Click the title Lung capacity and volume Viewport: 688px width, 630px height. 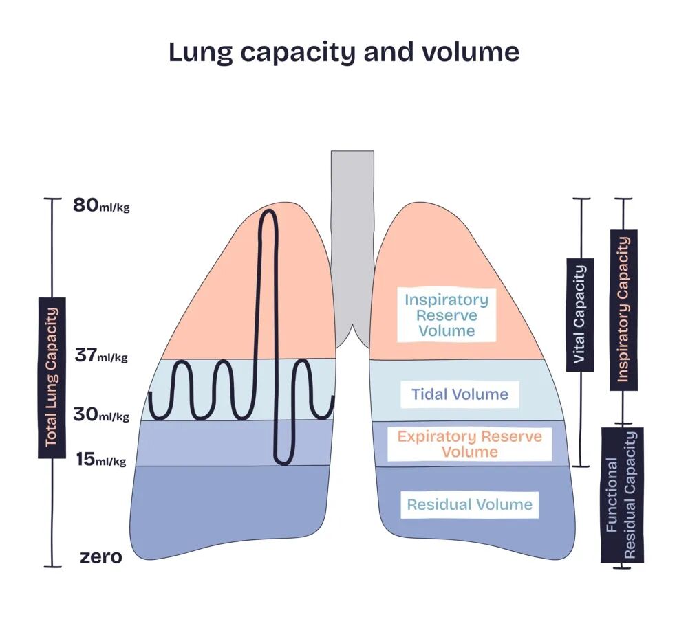point(344,53)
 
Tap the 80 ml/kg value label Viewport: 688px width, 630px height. point(100,205)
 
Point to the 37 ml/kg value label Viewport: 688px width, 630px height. point(100,356)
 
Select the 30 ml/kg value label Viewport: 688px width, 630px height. point(100,415)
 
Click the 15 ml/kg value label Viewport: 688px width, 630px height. point(100,460)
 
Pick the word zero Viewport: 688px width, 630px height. point(101,556)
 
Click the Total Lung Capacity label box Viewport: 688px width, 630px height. point(52,377)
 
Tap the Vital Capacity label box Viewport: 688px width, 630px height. point(580,315)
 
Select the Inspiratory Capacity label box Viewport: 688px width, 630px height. point(623,310)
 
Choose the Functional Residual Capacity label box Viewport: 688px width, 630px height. point(622,495)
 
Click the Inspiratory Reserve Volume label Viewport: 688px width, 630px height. point(447,315)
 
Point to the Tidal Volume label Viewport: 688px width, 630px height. point(460,394)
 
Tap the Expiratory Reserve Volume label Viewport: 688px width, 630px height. point(470,444)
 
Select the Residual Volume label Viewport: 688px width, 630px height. point(470,505)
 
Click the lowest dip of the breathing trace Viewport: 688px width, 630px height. point(282,462)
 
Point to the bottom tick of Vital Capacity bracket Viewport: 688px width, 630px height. point(581,466)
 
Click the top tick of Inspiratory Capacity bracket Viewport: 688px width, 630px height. point(623,199)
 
